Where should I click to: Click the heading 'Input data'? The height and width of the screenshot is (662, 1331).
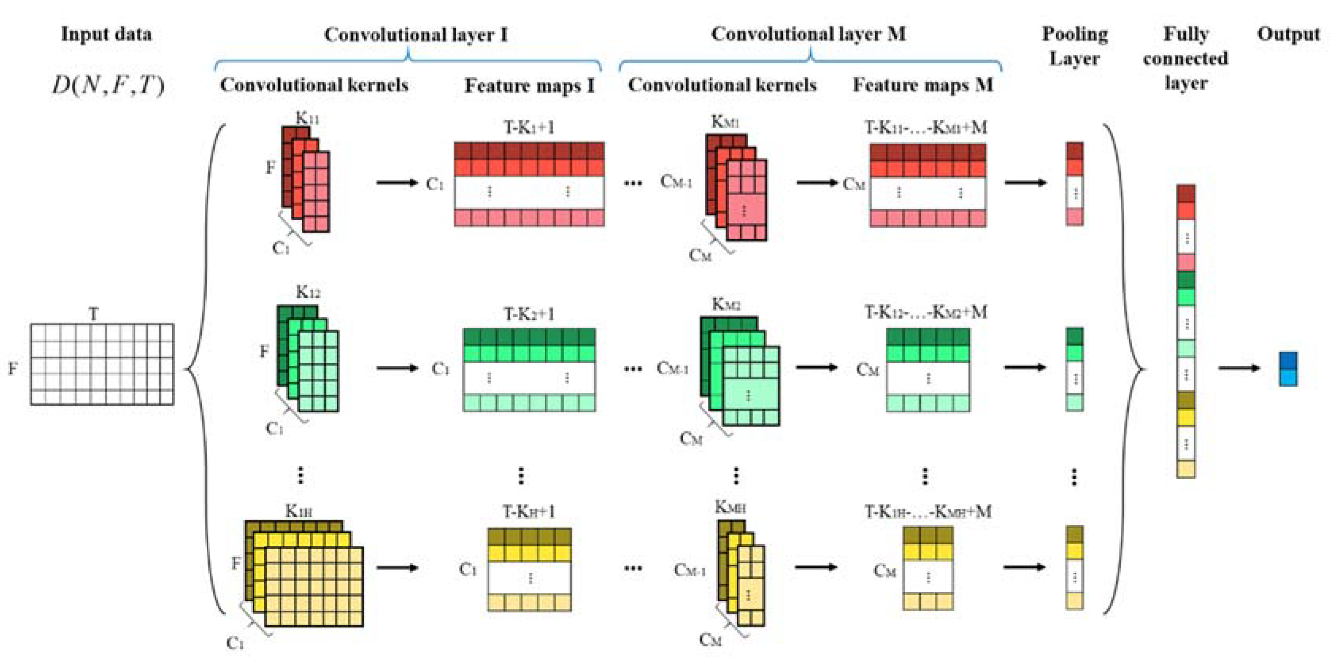click(106, 34)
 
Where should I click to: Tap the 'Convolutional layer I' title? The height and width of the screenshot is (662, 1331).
click(415, 35)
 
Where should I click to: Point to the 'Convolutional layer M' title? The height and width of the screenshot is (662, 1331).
click(808, 34)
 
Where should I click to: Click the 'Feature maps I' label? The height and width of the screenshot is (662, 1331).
click(529, 85)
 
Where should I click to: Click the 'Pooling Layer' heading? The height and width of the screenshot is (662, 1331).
click(1075, 46)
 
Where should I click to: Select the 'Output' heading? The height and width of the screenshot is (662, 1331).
click(1288, 34)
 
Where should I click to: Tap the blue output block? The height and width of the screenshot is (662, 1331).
click(1288, 368)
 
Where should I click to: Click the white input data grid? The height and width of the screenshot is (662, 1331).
click(102, 364)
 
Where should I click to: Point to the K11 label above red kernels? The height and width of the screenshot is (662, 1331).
click(307, 118)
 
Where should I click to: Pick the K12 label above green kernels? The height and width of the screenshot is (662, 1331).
click(308, 293)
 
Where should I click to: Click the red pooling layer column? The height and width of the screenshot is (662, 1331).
click(1075, 183)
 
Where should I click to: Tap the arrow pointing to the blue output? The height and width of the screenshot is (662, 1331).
click(1239, 368)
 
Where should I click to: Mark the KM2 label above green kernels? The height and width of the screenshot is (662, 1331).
click(726, 305)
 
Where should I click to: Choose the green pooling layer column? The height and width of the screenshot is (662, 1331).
click(1075, 369)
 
